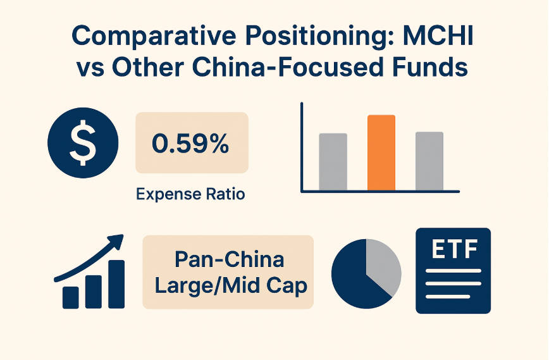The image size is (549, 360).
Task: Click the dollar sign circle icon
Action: [x=83, y=144]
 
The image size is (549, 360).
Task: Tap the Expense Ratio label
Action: [x=190, y=194]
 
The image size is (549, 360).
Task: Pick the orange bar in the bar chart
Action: [x=381, y=152]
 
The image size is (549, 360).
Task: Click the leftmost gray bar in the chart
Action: [x=333, y=161]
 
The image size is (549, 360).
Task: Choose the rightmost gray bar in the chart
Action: [x=429, y=161]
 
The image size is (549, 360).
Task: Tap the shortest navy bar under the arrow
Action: [x=71, y=296]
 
